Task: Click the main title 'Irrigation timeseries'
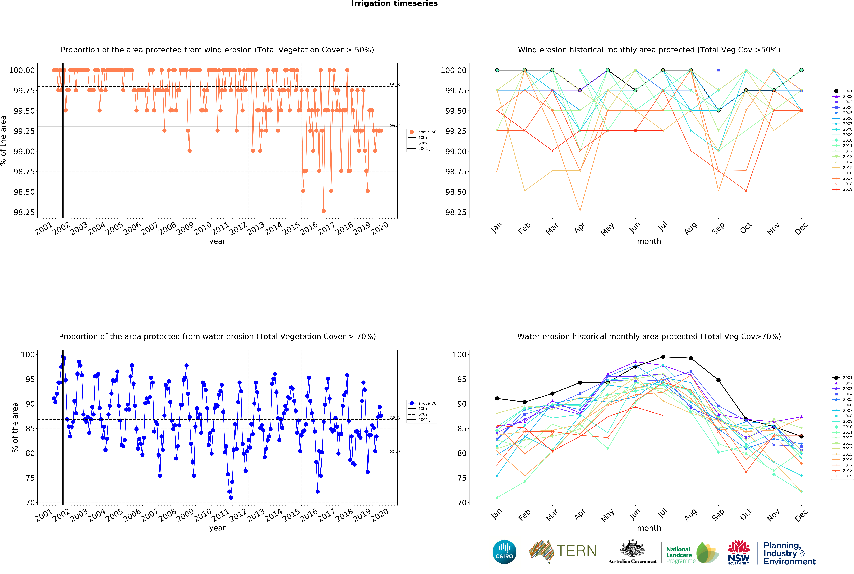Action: click(x=394, y=4)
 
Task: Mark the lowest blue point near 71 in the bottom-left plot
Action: click(x=231, y=498)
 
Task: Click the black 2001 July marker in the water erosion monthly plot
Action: click(x=663, y=357)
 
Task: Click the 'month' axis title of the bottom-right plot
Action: click(x=649, y=528)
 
